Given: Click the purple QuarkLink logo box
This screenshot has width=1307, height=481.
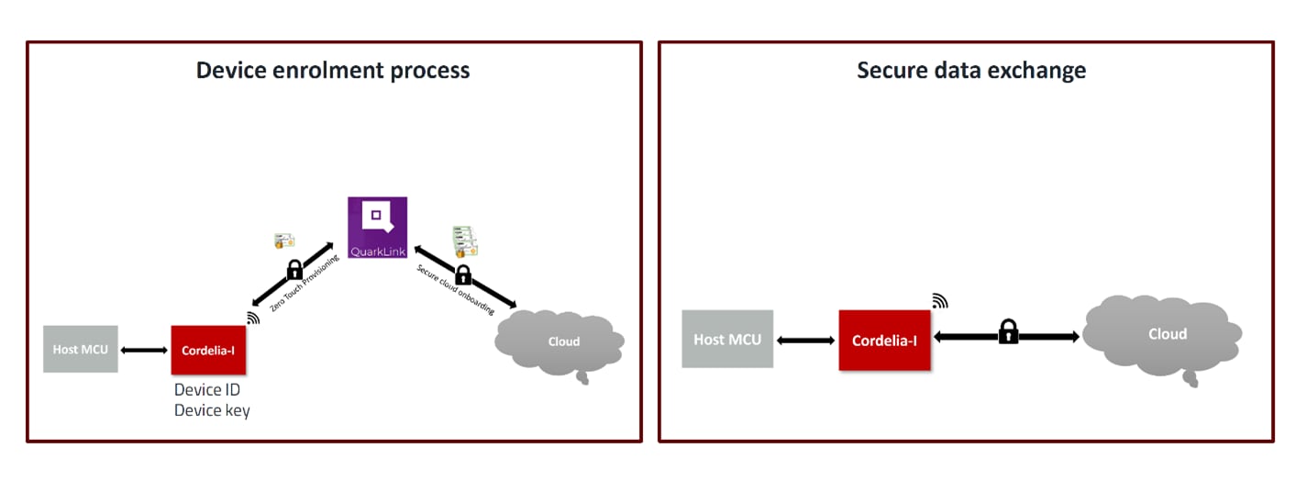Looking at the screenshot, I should coord(377,227).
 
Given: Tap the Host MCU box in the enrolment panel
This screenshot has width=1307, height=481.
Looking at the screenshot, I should coord(81,349).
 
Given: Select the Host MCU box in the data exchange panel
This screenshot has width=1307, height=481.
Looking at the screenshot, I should coord(727,339).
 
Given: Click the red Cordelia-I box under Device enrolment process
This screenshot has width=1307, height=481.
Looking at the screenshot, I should coord(208,350).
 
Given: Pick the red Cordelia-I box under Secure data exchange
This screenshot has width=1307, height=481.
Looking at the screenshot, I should coord(884,340).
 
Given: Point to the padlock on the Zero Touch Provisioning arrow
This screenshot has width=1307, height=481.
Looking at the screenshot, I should coord(294,270).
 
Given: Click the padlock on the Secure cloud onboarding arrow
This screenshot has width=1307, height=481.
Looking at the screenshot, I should coord(463,274).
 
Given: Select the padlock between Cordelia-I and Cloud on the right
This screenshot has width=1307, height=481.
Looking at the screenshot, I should coord(1008,331).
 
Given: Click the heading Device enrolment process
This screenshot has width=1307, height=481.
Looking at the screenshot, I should coord(333,71).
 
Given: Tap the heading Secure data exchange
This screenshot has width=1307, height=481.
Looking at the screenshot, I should coord(971,71).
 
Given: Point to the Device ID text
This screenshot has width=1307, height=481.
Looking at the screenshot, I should coord(207,390).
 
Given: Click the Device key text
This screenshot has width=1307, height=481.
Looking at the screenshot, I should coord(212,410).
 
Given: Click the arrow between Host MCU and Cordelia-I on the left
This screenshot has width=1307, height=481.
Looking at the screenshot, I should coord(144,350).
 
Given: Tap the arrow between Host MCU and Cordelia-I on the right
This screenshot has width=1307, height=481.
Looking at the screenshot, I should coord(805,340).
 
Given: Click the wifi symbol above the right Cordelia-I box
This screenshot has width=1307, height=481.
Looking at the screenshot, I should coord(939,300).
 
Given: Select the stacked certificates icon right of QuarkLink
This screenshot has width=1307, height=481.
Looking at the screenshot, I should coord(465,241).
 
